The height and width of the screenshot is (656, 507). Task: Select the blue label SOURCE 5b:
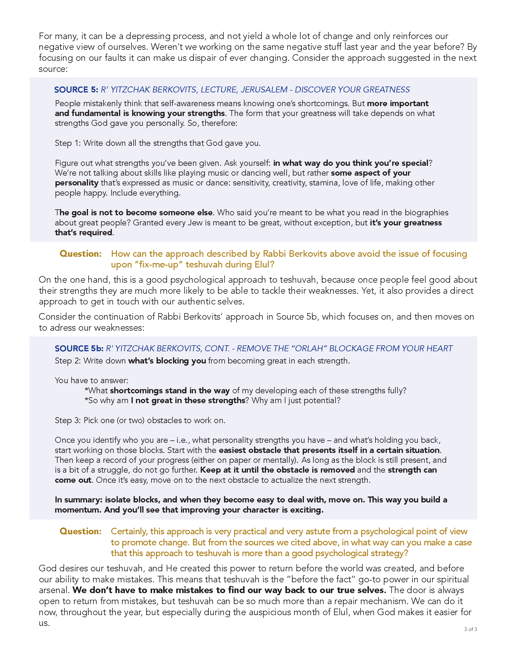(79, 348)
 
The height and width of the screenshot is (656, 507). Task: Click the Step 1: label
(68, 143)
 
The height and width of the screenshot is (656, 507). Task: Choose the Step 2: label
(68, 361)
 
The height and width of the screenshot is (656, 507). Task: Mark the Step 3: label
(68, 420)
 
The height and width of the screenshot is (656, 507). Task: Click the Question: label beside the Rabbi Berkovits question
(81, 254)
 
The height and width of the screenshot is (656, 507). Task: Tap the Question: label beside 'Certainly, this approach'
(81, 531)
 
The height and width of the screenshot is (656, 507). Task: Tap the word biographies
(426, 213)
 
